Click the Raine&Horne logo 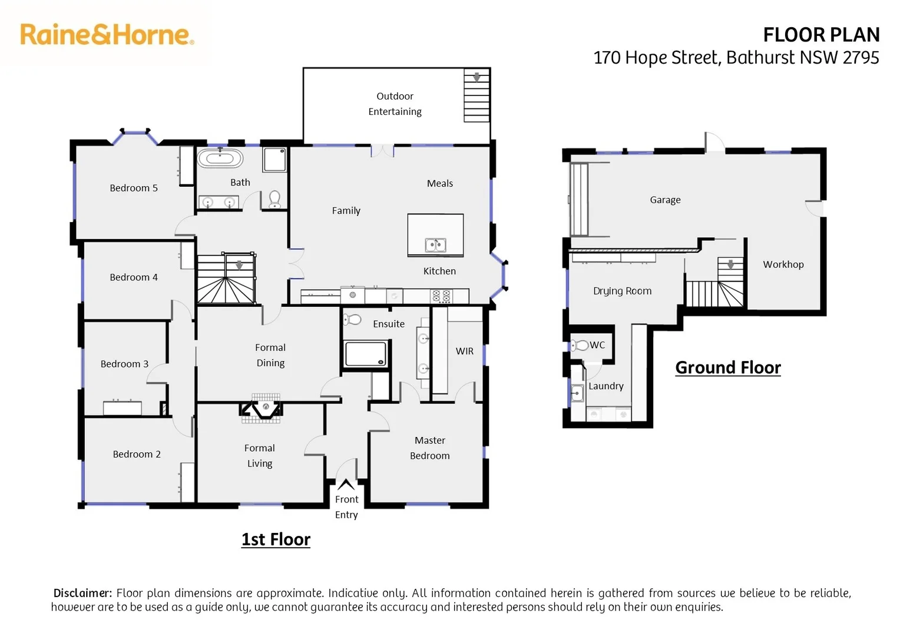point(107,35)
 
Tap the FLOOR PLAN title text point(820,35)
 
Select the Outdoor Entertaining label point(395,104)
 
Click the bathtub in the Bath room point(220,158)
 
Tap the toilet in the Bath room point(274,199)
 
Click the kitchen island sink point(435,244)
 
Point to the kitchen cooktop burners point(441,296)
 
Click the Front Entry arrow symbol point(346,485)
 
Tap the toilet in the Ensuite point(352,319)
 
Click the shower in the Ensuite point(365,355)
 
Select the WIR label point(464,351)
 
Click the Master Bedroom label point(430,448)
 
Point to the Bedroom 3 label point(124,364)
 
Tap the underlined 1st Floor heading point(276,539)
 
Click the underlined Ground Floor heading point(727,367)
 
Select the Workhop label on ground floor point(783,264)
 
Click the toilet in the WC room point(580,345)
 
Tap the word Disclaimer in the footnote point(82,593)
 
